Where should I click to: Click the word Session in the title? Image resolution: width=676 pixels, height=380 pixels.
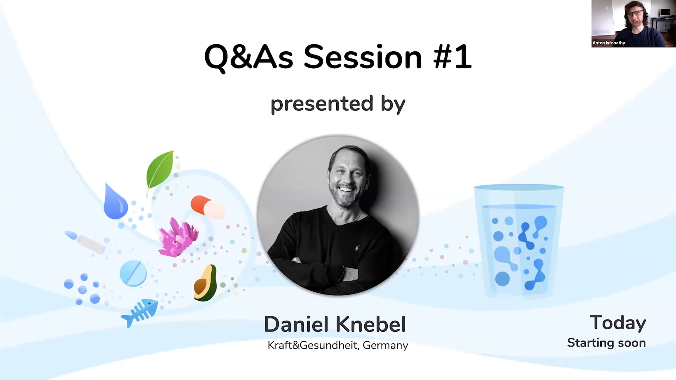click(363, 57)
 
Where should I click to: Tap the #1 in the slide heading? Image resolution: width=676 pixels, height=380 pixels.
click(452, 57)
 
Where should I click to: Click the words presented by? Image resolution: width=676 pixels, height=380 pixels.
click(338, 104)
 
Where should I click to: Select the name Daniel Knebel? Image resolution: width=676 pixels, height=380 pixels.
click(334, 324)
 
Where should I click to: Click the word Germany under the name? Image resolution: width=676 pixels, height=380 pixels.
click(385, 345)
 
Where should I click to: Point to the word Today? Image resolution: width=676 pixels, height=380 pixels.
click(618, 323)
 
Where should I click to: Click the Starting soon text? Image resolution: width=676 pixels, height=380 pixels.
click(606, 343)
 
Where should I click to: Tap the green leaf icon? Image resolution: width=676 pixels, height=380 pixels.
click(160, 171)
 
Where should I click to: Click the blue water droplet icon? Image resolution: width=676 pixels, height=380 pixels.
click(115, 202)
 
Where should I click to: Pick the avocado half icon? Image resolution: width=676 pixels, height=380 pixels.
click(205, 283)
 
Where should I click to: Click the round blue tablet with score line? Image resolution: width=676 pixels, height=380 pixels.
click(133, 273)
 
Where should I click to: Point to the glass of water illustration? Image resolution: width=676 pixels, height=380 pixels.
click(519, 241)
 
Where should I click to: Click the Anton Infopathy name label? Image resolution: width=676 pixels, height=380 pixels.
click(609, 43)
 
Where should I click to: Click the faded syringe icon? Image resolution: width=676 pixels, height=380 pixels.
click(86, 242)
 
